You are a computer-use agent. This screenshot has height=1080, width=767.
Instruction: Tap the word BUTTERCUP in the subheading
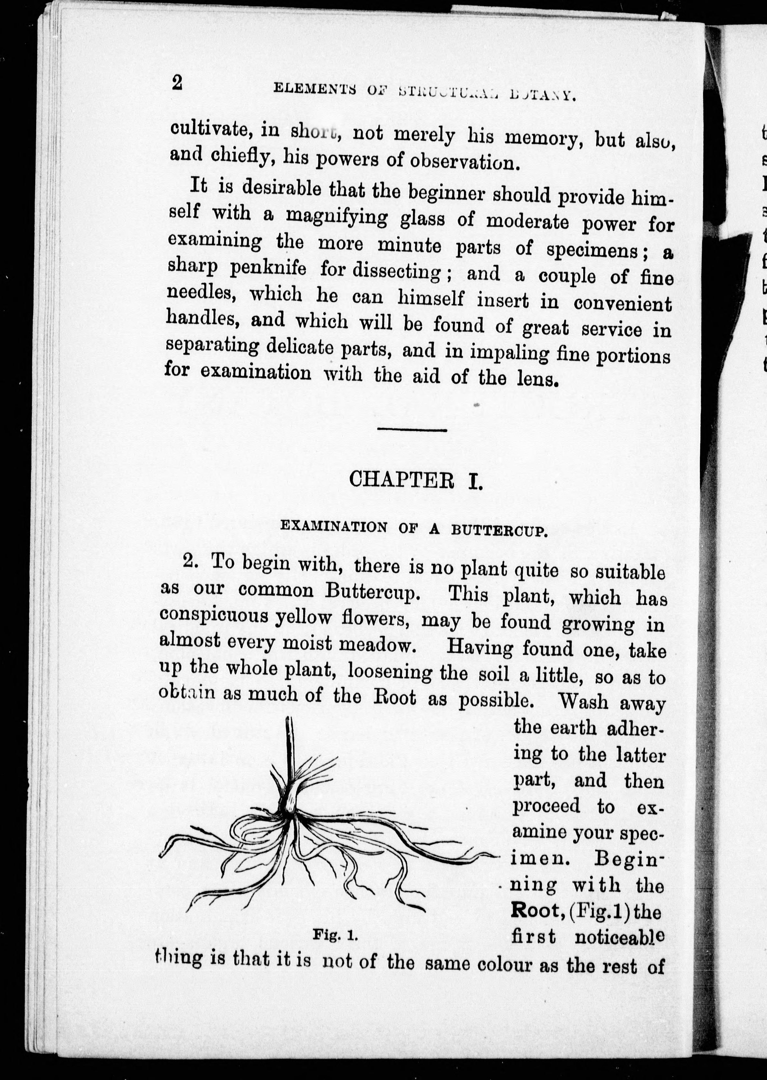pyautogui.click(x=499, y=530)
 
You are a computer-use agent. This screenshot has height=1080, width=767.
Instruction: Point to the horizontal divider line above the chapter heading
pyautogui.click(x=412, y=430)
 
